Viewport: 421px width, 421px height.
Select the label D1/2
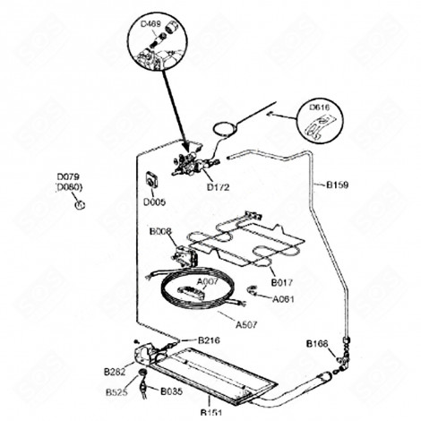point(218,186)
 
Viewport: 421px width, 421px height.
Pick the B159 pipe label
point(337,185)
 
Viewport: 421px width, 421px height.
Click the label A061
point(284,298)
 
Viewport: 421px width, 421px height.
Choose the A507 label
point(248,326)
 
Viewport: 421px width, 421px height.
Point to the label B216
point(209,341)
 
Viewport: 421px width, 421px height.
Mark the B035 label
point(171,392)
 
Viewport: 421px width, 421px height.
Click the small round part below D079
point(79,204)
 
